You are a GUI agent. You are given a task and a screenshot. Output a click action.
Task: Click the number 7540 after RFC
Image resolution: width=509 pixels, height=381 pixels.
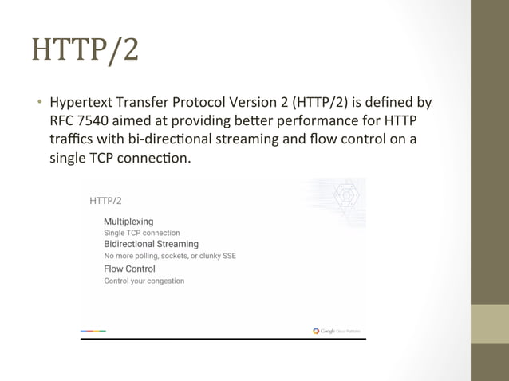pyautogui.click(x=97, y=120)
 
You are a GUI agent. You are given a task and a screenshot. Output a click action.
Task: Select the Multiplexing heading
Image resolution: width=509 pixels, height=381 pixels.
pyautogui.click(x=128, y=220)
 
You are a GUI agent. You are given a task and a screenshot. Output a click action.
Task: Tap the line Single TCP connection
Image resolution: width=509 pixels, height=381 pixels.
pyautogui.click(x=142, y=233)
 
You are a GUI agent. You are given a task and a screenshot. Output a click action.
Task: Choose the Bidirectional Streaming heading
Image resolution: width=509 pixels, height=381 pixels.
pyautogui.click(x=151, y=244)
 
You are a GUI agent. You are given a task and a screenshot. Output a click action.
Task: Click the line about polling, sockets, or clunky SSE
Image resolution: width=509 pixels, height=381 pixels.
pyautogui.click(x=170, y=257)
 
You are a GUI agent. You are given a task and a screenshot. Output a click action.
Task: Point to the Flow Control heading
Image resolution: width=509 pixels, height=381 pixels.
pyautogui.click(x=129, y=269)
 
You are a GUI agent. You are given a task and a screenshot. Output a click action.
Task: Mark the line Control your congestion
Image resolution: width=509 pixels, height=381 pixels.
pyautogui.click(x=144, y=281)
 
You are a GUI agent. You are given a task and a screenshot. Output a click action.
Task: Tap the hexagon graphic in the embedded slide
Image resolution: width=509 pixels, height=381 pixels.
pyautogui.click(x=346, y=196)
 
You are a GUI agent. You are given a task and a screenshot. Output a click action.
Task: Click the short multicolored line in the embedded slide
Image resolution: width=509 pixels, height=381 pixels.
pyautogui.click(x=93, y=330)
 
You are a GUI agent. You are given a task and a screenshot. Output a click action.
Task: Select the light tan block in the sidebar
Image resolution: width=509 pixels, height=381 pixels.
pyautogui.click(x=490, y=324)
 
